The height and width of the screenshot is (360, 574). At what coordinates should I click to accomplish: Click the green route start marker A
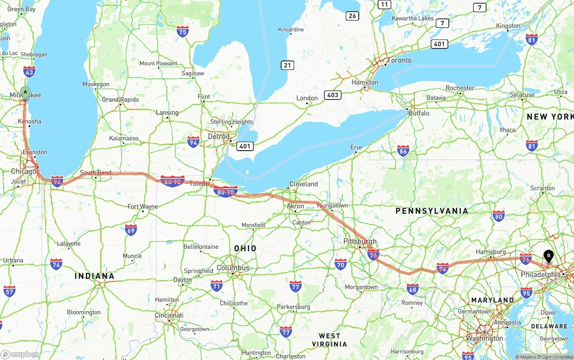click(x=26, y=92)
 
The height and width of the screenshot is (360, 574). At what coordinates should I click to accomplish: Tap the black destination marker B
click(x=548, y=256)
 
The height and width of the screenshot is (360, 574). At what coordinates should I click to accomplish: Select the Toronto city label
click(x=399, y=60)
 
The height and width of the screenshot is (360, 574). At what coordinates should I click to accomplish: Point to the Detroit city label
click(x=218, y=136)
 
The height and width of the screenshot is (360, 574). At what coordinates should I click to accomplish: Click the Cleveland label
click(x=304, y=184)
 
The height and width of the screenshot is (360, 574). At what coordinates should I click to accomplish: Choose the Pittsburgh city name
click(x=360, y=241)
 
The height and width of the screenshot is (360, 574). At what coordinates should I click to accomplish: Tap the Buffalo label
click(x=418, y=113)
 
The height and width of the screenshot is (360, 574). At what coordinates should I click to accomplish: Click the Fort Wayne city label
click(x=143, y=206)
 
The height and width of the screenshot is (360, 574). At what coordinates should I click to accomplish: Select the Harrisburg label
click(x=491, y=252)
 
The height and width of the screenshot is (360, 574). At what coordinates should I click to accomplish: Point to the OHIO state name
click(x=245, y=248)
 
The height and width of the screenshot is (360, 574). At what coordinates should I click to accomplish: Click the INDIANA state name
click(x=95, y=276)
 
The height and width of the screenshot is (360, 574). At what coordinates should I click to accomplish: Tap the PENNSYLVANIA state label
click(x=431, y=211)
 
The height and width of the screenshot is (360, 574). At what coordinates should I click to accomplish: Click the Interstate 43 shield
click(x=30, y=72)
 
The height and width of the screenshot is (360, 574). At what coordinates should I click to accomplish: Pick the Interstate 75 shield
click(x=183, y=31)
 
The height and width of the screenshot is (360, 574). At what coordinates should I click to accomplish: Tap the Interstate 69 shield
click(x=131, y=230)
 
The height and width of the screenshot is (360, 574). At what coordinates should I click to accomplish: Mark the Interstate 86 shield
click(x=403, y=151)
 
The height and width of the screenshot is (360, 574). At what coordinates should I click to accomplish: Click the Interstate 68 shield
click(x=413, y=289)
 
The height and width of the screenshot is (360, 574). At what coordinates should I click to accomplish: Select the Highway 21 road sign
click(x=287, y=65)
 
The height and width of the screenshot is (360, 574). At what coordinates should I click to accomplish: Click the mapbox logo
click(x=20, y=354)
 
